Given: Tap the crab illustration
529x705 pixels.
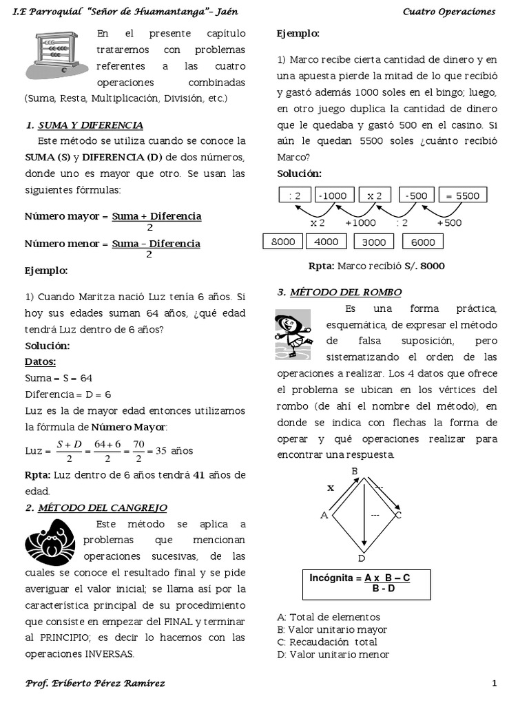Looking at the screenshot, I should (x=50, y=542).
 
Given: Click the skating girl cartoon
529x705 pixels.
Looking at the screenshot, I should (x=292, y=333).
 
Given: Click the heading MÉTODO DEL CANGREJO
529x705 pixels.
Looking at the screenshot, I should (x=102, y=507).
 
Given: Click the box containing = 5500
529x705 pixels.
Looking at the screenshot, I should (x=462, y=196).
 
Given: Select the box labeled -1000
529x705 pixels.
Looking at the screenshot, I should (x=333, y=196).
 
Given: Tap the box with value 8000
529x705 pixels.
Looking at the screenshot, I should (x=283, y=242).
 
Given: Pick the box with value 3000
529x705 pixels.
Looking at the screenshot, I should (x=374, y=242).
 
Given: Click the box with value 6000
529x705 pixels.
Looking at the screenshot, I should (x=423, y=242).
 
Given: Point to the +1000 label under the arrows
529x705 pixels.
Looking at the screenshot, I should (x=360, y=222).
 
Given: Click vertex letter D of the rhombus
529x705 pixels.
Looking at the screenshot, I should (x=362, y=558).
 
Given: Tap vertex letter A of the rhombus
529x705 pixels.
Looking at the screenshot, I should (x=324, y=514).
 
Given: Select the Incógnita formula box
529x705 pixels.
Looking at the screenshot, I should (x=366, y=584).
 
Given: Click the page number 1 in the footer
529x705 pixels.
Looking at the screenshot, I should (x=494, y=683).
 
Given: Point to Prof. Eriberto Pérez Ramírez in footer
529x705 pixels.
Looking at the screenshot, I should (x=95, y=683).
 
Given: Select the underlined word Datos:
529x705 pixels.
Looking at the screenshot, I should (x=41, y=361).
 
